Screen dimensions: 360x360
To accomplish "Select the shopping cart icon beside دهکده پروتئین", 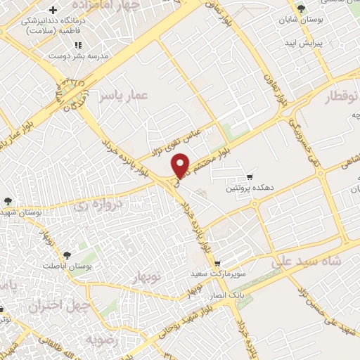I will (249, 176).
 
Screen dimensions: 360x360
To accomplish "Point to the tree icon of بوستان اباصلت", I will (67, 256).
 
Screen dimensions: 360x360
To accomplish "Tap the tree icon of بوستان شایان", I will (302, 10).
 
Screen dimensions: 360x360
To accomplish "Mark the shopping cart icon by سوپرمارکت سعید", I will (217, 264).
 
